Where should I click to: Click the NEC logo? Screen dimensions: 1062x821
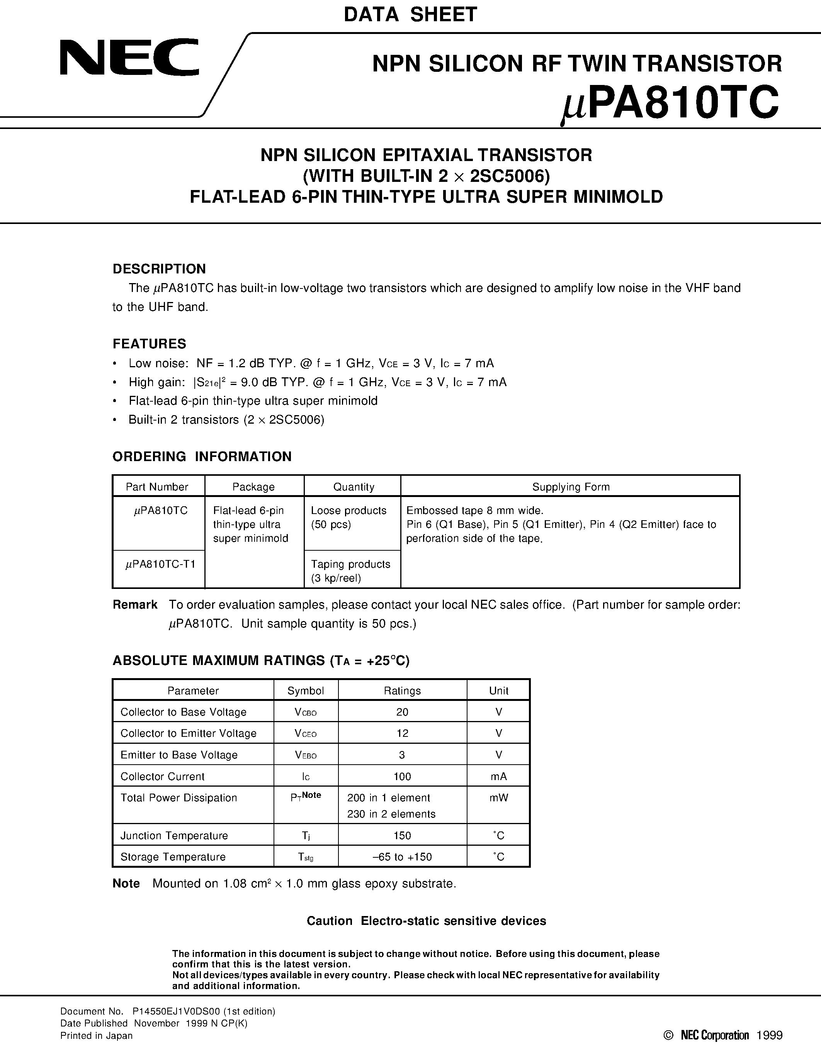pyautogui.click(x=129, y=58)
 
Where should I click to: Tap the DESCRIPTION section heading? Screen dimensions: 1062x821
pyautogui.click(x=159, y=269)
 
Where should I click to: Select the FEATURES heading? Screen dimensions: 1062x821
pyautogui.click(x=149, y=344)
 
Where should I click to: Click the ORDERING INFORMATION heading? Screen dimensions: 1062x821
pyautogui.click(x=202, y=456)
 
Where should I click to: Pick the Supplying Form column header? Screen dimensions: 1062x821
pyautogui.click(x=571, y=487)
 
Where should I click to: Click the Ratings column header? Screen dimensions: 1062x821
pyautogui.click(x=402, y=690)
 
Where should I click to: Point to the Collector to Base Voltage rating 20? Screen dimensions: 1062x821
pyautogui.click(x=402, y=712)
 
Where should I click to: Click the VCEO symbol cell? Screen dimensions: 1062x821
pyautogui.click(x=306, y=733)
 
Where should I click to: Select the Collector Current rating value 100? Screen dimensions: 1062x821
pyautogui.click(x=402, y=777)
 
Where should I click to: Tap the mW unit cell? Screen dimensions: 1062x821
pyautogui.click(x=498, y=798)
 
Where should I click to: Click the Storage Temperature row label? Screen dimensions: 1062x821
pyautogui.click(x=173, y=857)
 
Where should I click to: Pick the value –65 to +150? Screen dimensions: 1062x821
pyautogui.click(x=402, y=857)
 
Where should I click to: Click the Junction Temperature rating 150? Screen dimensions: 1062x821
pyautogui.click(x=402, y=835)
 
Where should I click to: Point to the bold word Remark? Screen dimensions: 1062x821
pyautogui.click(x=135, y=604)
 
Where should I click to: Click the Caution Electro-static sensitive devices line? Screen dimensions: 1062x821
pyautogui.click(x=426, y=921)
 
